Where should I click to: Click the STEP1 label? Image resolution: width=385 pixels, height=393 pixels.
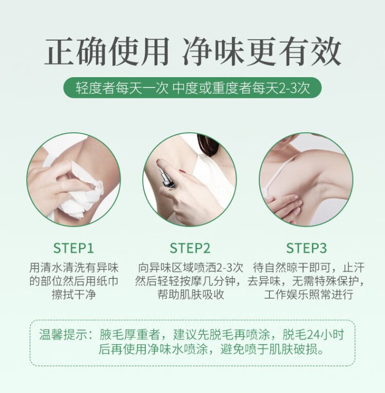(73, 248)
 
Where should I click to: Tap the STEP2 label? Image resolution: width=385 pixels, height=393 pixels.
(190, 248)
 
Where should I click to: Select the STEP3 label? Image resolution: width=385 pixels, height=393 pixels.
(306, 248)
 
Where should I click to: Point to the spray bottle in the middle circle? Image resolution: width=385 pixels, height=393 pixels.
(165, 175)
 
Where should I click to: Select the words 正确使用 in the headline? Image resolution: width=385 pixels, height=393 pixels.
(107, 52)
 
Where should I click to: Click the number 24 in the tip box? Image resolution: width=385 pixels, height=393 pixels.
(313, 335)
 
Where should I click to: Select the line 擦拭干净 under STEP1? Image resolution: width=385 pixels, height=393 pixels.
(74, 294)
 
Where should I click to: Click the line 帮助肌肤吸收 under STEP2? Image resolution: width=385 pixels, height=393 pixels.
(190, 294)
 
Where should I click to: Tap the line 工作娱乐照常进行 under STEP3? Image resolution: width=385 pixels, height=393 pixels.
(309, 294)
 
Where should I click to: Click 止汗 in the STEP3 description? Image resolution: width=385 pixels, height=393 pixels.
(353, 267)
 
